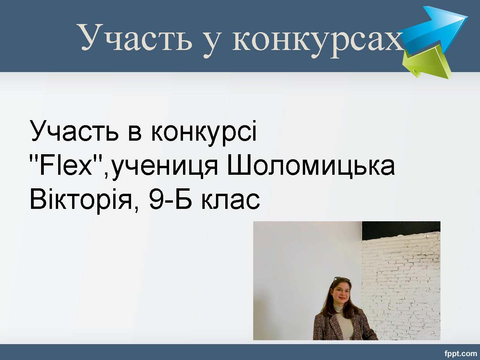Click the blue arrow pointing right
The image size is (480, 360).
[435, 28]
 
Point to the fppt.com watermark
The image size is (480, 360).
[461, 354]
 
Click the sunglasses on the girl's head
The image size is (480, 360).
[342, 279]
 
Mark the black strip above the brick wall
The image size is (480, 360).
[401, 229]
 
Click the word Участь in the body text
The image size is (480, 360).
[74, 131]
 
